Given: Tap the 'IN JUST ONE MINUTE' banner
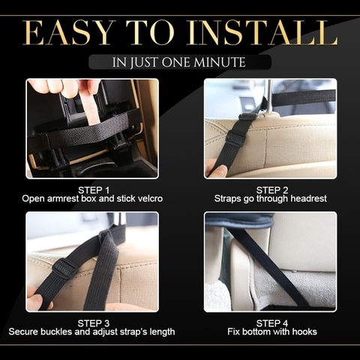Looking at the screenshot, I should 179,62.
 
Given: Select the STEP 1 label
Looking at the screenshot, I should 93,190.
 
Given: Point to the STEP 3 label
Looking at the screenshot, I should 93,322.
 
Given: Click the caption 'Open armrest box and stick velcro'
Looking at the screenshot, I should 93,199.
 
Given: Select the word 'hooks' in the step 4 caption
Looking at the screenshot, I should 303,332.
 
